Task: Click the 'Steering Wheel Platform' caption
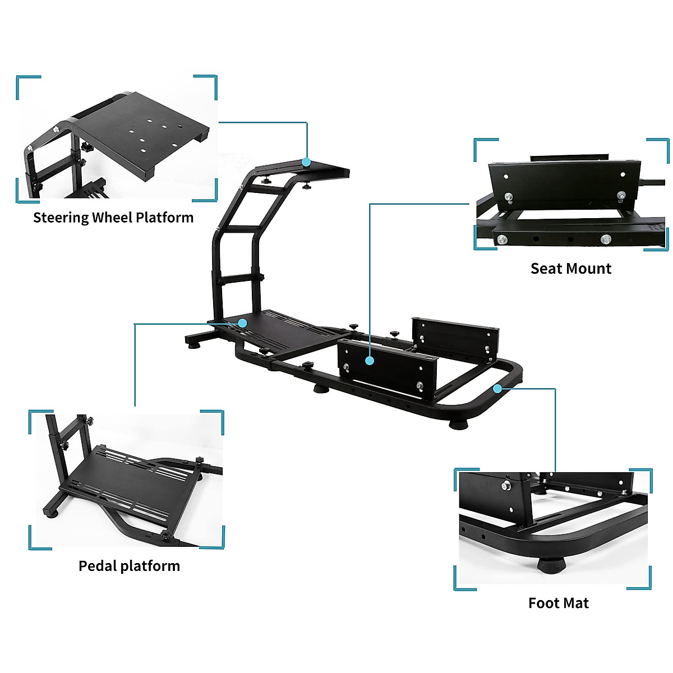[113, 218]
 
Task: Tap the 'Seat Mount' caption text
[571, 269]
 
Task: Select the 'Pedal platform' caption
[129, 566]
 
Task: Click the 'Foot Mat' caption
[559, 603]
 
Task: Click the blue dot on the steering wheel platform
[306, 162]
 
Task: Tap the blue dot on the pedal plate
[242, 323]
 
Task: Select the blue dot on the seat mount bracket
[369, 361]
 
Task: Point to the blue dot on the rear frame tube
[497, 388]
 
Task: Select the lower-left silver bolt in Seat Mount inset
[500, 240]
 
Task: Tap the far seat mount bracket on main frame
[454, 336]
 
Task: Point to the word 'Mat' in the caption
[576, 603]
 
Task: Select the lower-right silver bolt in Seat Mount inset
[605, 239]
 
